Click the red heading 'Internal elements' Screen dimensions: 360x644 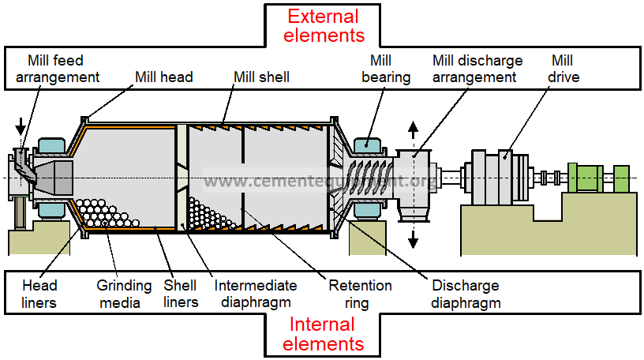point(323,334)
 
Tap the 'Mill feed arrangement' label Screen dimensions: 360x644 point(55,69)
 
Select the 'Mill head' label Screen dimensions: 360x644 point(164,77)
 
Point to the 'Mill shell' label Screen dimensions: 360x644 point(261,77)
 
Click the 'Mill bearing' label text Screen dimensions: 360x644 point(386,69)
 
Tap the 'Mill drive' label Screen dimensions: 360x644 point(564,69)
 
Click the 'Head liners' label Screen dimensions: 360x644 point(39,293)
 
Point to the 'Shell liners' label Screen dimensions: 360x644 point(180,293)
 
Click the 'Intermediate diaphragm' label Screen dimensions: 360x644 point(255,293)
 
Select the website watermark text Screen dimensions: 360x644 point(320,182)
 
